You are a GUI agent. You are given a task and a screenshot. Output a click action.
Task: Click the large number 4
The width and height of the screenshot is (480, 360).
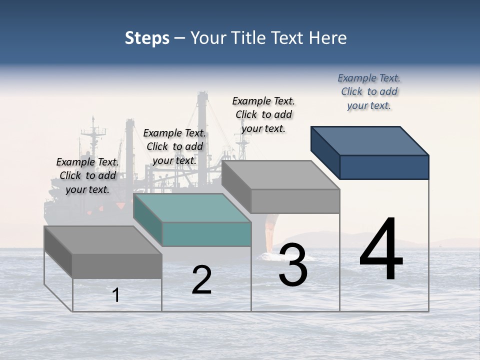coord(381,249)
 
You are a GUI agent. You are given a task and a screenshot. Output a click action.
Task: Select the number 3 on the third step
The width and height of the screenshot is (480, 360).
coord(293,265)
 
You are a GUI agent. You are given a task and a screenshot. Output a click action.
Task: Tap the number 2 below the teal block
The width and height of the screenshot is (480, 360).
coord(201,280)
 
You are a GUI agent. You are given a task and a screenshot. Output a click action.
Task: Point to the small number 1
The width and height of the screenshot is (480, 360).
coord(116,295)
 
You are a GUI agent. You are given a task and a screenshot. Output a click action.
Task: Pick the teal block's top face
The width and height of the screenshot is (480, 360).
coord(192,208)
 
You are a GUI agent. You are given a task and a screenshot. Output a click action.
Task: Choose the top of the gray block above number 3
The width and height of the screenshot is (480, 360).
coord(280,175)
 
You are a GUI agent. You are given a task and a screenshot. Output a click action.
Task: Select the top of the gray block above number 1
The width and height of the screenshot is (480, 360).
coord(103,240)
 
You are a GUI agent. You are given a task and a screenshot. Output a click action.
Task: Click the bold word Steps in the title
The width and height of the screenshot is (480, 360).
coord(147,38)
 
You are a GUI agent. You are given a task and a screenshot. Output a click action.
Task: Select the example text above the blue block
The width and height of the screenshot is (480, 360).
coord(369,91)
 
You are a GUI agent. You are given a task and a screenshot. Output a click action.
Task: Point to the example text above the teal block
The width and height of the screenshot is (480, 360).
coord(174,146)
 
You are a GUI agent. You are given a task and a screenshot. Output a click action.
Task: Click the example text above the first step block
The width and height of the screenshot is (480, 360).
coord(87,175)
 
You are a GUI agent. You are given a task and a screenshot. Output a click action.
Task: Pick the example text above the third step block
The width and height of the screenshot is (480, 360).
coord(263,114)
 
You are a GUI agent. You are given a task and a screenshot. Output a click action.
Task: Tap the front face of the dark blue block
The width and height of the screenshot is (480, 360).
coord(384,167)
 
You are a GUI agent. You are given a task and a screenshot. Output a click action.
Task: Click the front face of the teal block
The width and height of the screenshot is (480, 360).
coord(206,234)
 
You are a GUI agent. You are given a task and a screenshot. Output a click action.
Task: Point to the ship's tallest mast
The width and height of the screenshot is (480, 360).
coord(202,125)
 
